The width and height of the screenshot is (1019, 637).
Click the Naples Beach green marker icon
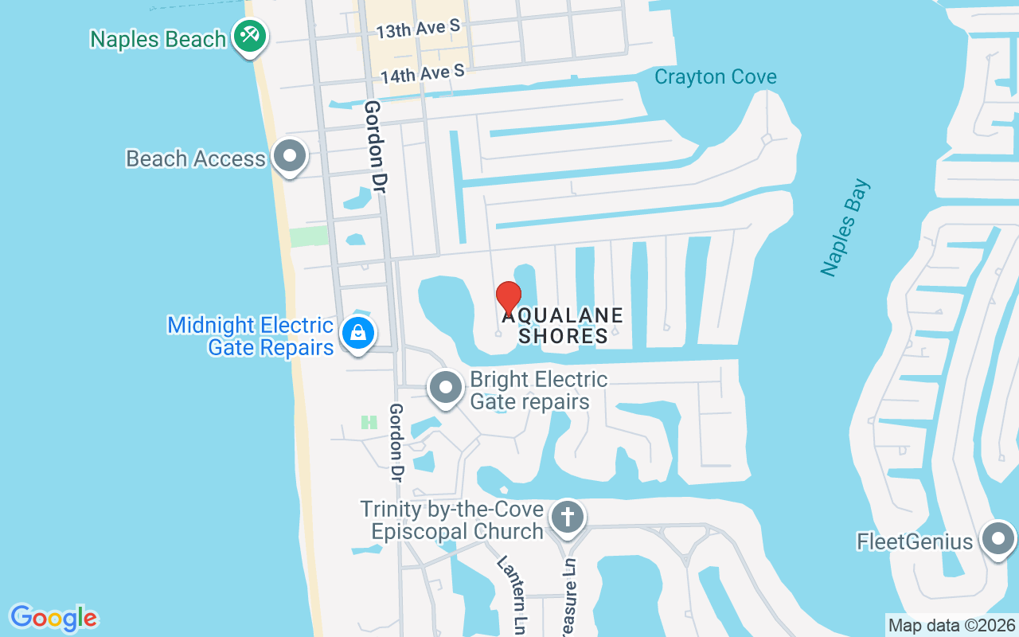[250, 36]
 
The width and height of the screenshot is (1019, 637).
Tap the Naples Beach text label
[158, 39]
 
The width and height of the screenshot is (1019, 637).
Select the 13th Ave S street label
[418, 29]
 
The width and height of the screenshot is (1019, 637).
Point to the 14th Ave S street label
[422, 75]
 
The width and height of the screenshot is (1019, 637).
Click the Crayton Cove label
[715, 77]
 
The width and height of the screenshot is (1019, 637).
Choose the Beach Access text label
[196, 158]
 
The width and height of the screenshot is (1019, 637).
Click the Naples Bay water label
[845, 229]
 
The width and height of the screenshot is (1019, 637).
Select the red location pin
[508, 299]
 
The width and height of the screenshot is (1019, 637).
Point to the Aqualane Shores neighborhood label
[563, 326]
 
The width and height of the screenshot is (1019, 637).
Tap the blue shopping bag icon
[358, 333]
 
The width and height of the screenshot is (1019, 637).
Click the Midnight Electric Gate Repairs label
[251, 336]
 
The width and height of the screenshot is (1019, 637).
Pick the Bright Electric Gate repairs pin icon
[446, 388]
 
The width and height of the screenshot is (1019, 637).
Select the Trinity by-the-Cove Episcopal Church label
[452, 520]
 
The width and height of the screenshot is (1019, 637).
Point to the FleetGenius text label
[915, 542]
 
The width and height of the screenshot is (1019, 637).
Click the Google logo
[53, 618]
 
